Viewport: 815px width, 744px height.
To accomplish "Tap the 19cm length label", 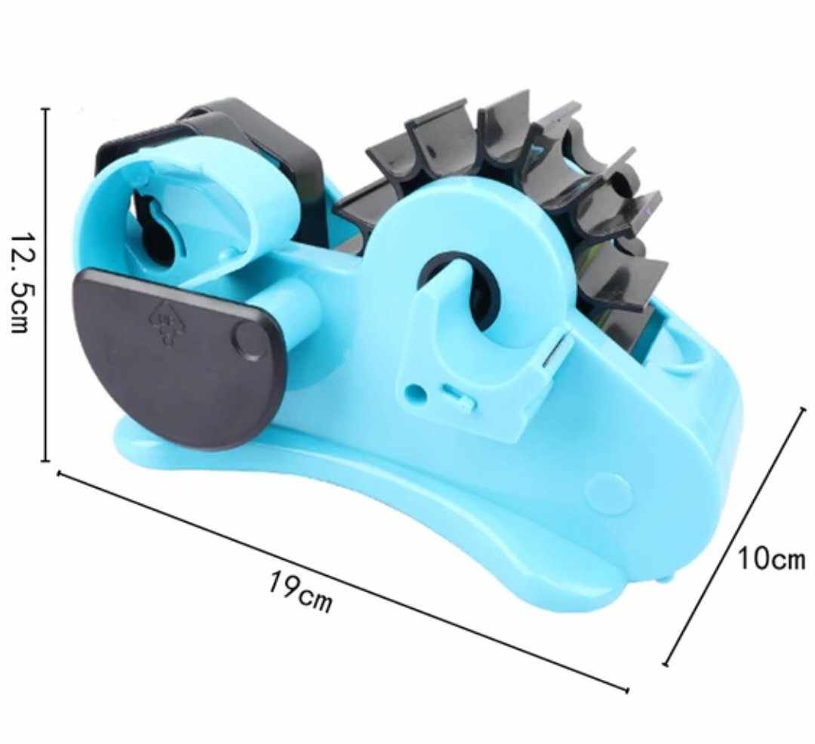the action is (300, 592).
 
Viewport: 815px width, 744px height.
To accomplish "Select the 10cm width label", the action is (771, 560).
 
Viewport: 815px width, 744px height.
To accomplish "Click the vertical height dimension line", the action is (46, 284).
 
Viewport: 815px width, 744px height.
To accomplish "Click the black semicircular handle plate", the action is (180, 356).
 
